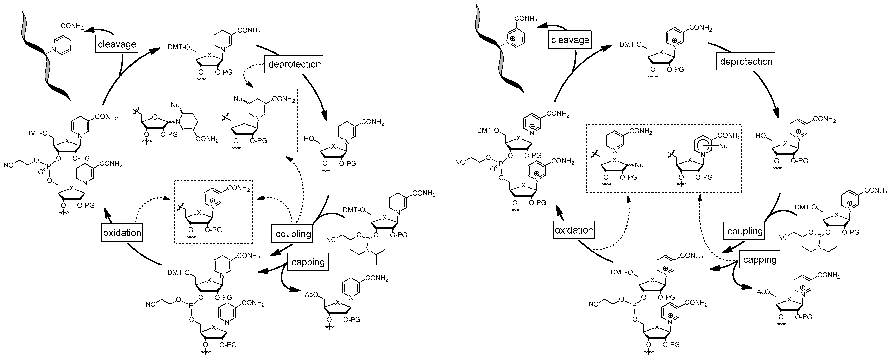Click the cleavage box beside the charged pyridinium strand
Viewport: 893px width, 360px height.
[x=570, y=40]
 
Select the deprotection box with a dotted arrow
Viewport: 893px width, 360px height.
[x=294, y=64]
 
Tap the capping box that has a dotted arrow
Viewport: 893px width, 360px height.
[x=760, y=260]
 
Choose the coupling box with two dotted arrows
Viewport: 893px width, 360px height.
[x=293, y=234]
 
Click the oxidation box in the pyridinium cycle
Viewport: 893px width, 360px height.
[x=574, y=230]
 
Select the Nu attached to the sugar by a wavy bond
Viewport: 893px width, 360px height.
[x=639, y=165]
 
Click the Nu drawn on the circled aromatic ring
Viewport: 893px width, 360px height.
[x=723, y=146]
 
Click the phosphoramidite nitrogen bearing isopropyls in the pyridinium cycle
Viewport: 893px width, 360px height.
[x=820, y=246]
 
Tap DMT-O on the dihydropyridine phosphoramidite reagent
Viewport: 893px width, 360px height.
[x=354, y=210]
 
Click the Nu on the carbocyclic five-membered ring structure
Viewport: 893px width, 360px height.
[x=238, y=99]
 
